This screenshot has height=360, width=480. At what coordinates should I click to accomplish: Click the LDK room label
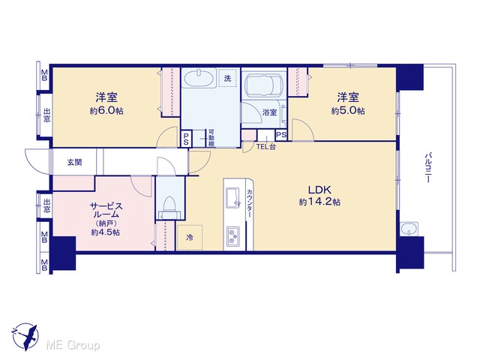319,190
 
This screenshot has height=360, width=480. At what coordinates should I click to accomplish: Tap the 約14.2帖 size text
319,202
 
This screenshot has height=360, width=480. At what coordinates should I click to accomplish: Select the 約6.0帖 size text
106,110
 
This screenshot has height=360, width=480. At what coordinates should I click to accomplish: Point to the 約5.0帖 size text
348,110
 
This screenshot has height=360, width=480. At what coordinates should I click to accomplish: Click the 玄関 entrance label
75,162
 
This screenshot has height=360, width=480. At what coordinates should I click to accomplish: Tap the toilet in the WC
169,207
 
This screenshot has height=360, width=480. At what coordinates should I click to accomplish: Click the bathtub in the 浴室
263,82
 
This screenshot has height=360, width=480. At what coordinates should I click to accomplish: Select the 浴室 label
269,112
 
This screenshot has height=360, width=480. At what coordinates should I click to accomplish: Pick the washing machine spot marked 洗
227,78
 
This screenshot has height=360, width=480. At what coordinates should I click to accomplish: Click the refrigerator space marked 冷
190,237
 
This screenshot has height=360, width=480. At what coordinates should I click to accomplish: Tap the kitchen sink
233,197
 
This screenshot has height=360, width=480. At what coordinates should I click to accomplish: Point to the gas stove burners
233,235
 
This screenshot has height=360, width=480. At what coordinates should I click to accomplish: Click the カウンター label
250,203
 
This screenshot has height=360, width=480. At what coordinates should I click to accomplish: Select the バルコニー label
428,167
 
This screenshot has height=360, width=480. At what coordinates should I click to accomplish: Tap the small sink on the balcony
409,229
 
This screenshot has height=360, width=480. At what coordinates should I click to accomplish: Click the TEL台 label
266,147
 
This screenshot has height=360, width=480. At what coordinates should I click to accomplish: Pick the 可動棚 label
211,138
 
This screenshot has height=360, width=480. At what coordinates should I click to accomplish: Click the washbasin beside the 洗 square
199,78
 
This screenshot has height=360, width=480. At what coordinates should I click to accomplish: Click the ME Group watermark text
73,346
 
